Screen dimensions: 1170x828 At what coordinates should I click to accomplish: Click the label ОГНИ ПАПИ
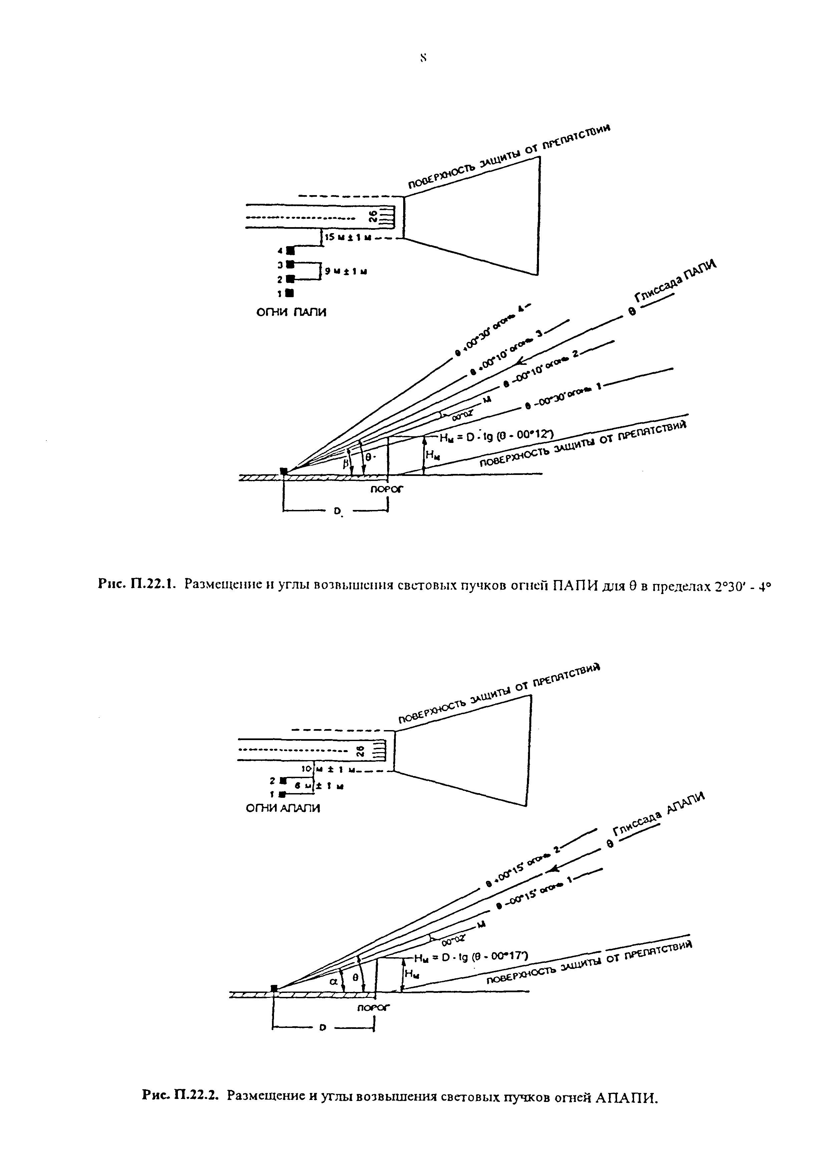tap(291, 312)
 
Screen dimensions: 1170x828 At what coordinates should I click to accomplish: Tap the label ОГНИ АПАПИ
tap(283, 808)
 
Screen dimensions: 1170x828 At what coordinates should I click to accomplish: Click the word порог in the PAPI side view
tap(386, 489)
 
